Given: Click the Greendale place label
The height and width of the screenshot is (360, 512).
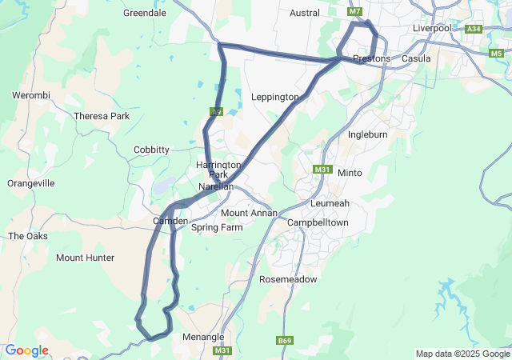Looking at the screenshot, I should (144, 13).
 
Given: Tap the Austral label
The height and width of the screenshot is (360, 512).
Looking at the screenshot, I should (305, 13).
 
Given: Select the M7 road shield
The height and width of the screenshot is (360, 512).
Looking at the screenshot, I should (356, 12).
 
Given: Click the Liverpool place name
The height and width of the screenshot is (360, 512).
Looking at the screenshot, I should (433, 28).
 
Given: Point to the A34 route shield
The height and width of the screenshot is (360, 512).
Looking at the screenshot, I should (474, 29).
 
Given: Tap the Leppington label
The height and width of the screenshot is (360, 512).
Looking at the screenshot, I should (274, 97).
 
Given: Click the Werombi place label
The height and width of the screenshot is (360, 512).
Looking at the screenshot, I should (31, 96).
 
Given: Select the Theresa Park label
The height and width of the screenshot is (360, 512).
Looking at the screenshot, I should (102, 116).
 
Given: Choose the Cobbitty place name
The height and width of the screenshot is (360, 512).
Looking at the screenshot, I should (151, 150).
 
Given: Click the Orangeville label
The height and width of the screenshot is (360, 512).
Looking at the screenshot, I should (30, 183).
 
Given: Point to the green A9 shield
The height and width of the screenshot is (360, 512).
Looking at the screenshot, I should (216, 112).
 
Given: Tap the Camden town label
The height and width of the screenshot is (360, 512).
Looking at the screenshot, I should (170, 221).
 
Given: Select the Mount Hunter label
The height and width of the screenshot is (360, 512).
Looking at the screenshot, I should (85, 258).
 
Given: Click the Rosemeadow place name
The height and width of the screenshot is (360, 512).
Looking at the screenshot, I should (288, 279).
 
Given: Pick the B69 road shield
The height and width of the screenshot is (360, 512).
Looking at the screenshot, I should (284, 341).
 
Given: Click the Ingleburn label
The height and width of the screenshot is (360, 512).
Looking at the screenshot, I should (368, 134).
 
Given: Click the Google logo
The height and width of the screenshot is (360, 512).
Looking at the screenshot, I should (26, 350).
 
